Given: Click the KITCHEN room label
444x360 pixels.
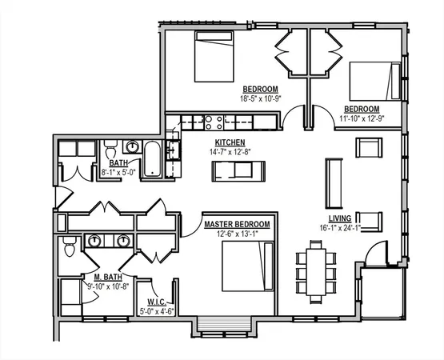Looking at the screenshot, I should point(230,143).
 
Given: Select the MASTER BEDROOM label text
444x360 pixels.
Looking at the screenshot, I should point(237,225).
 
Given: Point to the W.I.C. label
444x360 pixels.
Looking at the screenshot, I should point(157,302).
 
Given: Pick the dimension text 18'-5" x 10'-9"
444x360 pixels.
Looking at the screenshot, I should point(261,98).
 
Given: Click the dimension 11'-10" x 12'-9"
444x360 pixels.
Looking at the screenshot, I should point(362,118).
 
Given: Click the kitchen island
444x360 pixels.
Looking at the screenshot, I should point(238,170).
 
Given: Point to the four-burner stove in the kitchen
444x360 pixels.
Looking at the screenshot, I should point(213,123).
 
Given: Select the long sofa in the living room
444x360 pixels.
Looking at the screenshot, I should point(332,182).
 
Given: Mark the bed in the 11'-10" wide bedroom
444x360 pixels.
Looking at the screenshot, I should point(374,80).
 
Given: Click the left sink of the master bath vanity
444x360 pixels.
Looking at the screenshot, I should point(96,240).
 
